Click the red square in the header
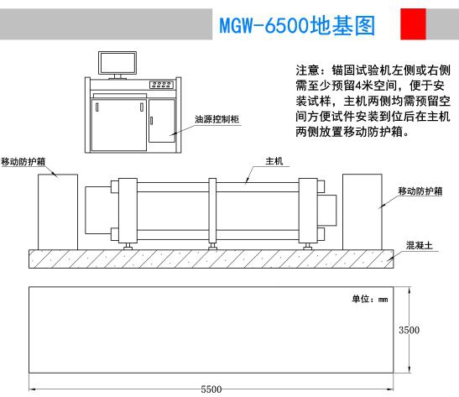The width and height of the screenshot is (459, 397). pos(413,24)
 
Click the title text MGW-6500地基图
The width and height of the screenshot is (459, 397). pos(297,25)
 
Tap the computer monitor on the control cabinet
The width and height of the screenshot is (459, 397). pos(117,63)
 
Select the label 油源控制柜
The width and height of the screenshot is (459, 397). pos(216,119)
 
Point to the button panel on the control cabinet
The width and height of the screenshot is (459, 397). pos(162,85)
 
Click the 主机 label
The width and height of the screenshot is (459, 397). pos(274,161)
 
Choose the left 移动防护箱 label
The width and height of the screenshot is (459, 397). pos(23,162)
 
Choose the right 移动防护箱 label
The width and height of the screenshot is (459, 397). pos(420,191)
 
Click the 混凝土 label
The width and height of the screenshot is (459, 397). pos(420,245)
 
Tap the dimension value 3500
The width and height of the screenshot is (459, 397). pos(409,330)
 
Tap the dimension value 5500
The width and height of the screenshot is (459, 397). pos(211,389)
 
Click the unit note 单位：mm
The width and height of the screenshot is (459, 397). pos(370,299)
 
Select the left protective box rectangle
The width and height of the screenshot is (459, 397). pos(58,212)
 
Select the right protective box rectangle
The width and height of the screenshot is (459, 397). pos(363,212)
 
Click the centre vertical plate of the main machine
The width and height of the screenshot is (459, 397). pos(212,211)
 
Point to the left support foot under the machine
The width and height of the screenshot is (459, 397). pos(128,247)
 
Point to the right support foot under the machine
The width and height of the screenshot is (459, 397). pos(307,247)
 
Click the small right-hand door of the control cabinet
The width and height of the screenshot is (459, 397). pos(162,121)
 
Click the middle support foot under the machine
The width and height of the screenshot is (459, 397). pos(212,247)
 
